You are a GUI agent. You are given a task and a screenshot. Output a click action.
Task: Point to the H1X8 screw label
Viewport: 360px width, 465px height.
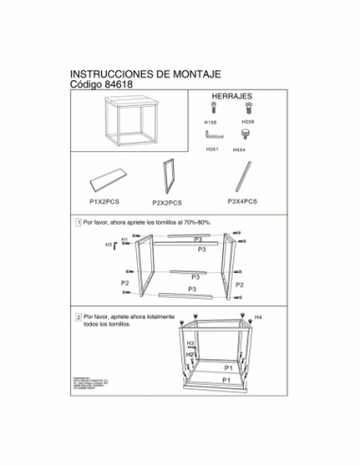coord(210,123)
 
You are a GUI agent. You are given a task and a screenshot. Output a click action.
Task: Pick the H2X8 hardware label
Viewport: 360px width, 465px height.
coord(247,123)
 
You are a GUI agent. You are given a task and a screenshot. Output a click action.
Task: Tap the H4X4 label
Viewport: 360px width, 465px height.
coord(247,149)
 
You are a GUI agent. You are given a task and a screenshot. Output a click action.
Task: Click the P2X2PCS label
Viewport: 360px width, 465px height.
coord(166,202)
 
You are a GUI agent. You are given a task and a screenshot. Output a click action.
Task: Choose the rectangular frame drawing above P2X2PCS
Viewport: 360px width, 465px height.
coord(171,177)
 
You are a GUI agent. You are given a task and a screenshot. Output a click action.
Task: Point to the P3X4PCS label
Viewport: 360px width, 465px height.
coord(247,201)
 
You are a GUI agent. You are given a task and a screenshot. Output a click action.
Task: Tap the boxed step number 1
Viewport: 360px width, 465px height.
coord(77,221)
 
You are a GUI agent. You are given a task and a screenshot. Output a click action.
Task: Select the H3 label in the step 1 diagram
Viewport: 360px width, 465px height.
coord(109,244)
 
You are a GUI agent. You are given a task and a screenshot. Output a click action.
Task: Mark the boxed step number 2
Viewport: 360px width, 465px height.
coord(77,318)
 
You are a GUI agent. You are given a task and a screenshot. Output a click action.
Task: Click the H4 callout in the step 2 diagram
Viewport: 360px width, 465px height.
coord(257,319)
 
